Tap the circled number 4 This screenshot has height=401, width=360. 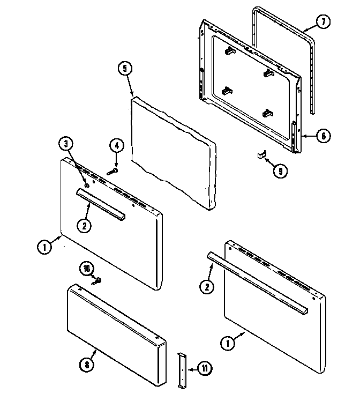pyautogui.click(x=116, y=145)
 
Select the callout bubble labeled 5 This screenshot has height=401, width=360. pyautogui.click(x=124, y=69)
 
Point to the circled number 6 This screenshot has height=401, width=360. pyautogui.click(x=322, y=136)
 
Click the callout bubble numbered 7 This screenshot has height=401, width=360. pyautogui.click(x=322, y=22)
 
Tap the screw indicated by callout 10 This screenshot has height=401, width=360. pyautogui.click(x=97, y=280)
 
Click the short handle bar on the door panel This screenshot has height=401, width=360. pyautogui.click(x=100, y=203)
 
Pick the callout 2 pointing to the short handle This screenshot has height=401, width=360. pyautogui.click(x=84, y=226)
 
